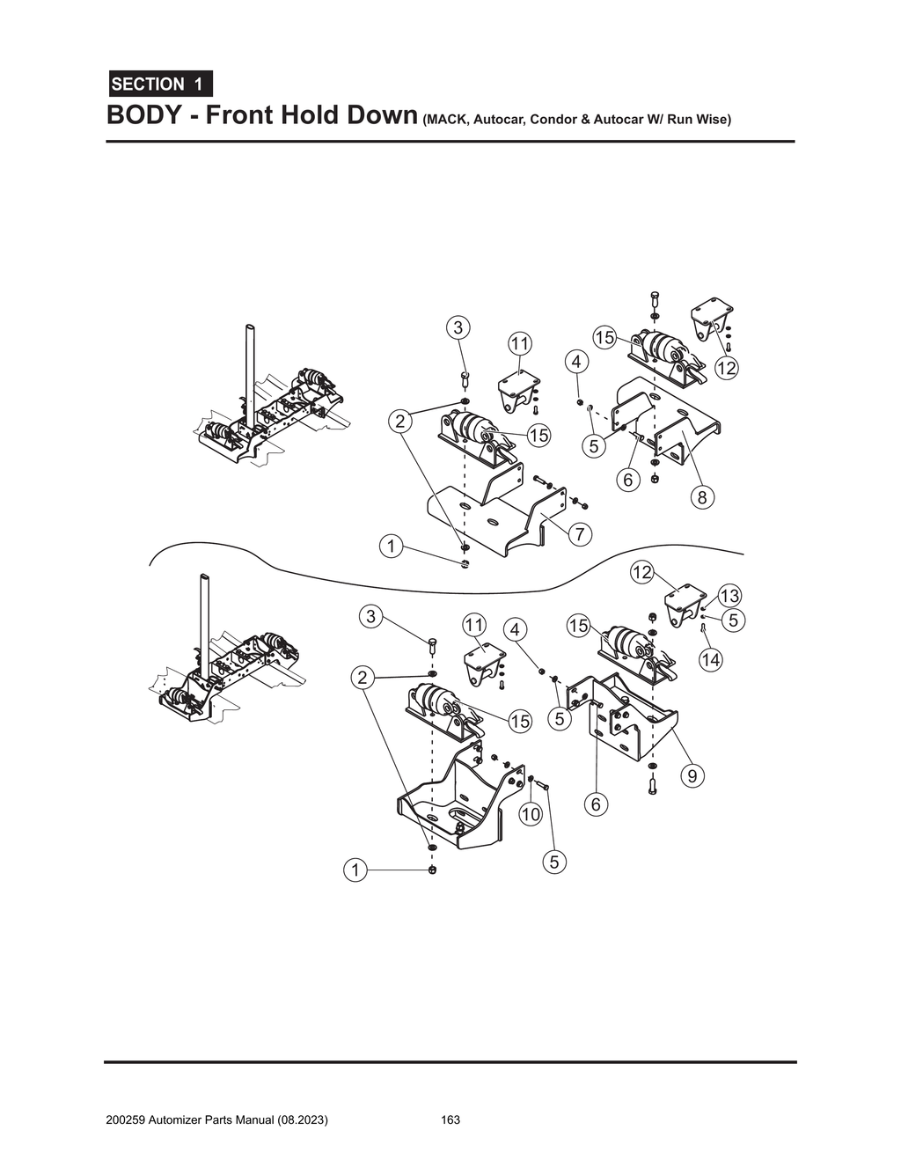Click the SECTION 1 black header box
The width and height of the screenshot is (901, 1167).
pyautogui.click(x=159, y=84)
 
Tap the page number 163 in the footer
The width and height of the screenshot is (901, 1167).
pyautogui.click(x=450, y=1120)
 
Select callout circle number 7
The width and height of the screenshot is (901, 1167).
pyautogui.click(x=580, y=533)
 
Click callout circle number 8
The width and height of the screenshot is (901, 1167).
pyautogui.click(x=701, y=498)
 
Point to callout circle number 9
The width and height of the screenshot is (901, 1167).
pyautogui.click(x=692, y=776)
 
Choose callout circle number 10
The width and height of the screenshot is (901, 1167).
pyautogui.click(x=530, y=815)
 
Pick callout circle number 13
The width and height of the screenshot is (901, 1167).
pyautogui.click(x=729, y=596)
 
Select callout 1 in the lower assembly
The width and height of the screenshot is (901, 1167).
pyautogui.click(x=355, y=870)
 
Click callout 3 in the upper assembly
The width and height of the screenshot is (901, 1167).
pyautogui.click(x=458, y=328)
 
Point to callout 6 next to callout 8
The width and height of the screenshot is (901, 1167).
pyautogui.click(x=626, y=481)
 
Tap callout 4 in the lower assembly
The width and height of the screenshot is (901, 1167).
pyautogui.click(x=516, y=629)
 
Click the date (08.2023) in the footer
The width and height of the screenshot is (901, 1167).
pyautogui.click(x=304, y=1120)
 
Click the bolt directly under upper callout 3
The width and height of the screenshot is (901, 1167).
pyautogui.click(x=465, y=381)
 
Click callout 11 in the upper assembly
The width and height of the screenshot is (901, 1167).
pyautogui.click(x=520, y=342)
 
